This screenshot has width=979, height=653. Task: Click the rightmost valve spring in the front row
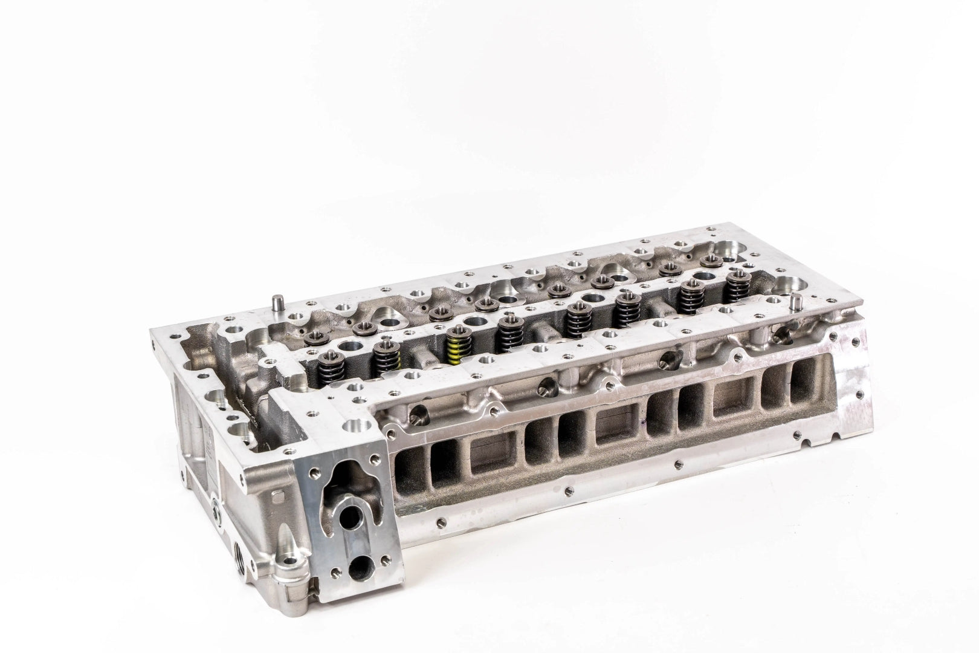736,286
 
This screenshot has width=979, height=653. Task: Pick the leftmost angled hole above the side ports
418,414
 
